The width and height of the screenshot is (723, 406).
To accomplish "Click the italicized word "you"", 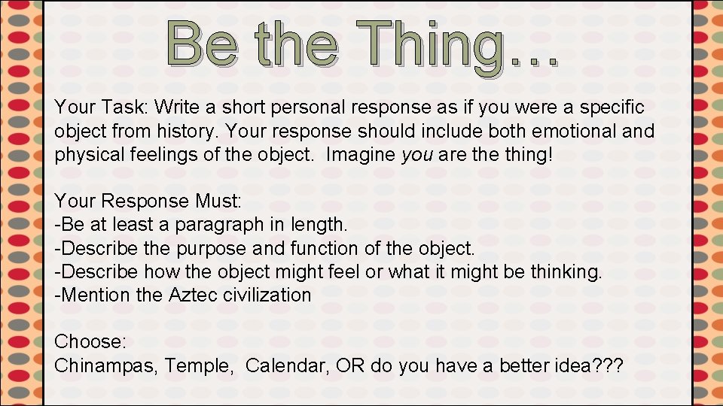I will click(x=416, y=155).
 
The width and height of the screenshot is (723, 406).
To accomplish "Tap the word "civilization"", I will click(x=267, y=295).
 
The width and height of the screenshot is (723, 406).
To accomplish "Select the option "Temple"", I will click(x=198, y=365).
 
